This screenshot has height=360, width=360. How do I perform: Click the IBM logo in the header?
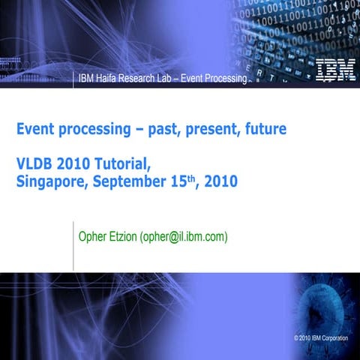pos(331,69)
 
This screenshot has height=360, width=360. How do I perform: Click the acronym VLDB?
pos(34,164)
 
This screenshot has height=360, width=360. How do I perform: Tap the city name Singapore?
pos(49,181)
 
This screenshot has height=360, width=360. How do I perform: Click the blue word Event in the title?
pos(36,130)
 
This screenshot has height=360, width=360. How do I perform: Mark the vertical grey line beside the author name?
pos(73,244)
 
